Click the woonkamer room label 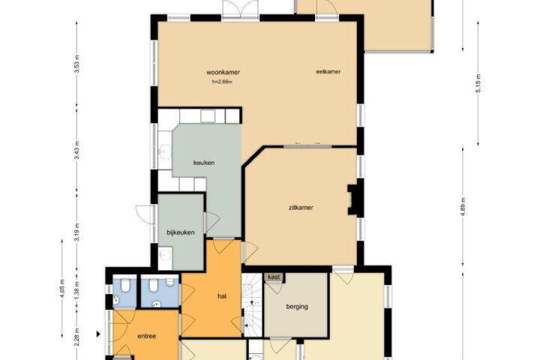tap(223, 72)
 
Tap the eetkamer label tap(328, 72)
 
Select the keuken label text tap(204, 163)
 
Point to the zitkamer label tap(301, 208)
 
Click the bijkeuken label tap(181, 232)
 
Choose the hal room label tap(222, 296)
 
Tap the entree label tap(147, 336)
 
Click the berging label tap(297, 307)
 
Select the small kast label tap(274, 277)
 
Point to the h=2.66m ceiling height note tap(222, 82)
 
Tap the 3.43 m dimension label tap(76, 150)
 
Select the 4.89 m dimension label tap(463, 207)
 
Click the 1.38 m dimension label tap(76, 290)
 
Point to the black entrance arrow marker tap(98, 334)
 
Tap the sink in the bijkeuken tap(165, 254)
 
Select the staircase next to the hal tap(253, 304)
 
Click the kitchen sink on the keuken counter tap(164, 151)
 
